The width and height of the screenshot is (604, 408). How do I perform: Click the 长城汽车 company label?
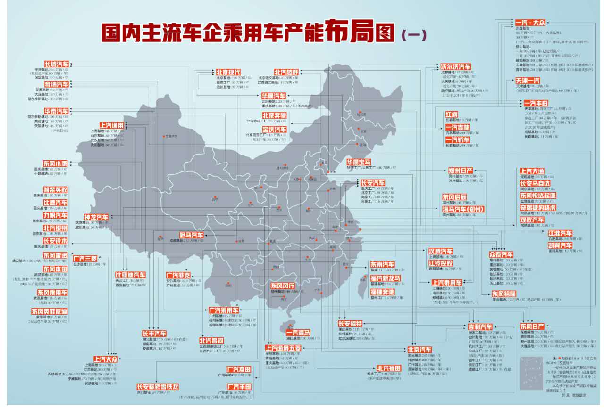click(x=57, y=64)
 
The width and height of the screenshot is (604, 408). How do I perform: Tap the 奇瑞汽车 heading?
click(x=57, y=84)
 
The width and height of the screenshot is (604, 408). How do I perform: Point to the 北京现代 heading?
click(x=229, y=72)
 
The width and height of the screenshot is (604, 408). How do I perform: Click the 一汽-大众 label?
click(x=530, y=23)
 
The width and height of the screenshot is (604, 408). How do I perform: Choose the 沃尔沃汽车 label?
click(x=456, y=66)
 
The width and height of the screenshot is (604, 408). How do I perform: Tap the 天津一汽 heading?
click(x=528, y=81)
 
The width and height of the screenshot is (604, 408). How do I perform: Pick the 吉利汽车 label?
click(x=480, y=326)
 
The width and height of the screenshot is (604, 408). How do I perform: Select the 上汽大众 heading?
click(x=106, y=359)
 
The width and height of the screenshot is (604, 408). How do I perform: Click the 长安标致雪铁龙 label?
click(x=158, y=386)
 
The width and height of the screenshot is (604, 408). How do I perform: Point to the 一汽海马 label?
click(x=299, y=333)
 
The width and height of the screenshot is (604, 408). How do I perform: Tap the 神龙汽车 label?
click(x=96, y=217)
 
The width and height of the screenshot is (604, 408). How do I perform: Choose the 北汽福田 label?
click(x=389, y=368)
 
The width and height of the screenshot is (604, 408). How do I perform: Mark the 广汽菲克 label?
click(x=178, y=275)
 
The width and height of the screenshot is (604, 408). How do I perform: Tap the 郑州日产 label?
click(x=461, y=171)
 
